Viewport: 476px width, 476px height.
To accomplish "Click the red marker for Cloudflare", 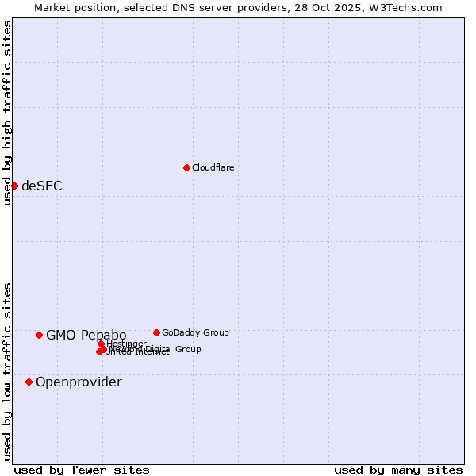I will pos(186,167).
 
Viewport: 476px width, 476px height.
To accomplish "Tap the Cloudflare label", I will pos(213,167).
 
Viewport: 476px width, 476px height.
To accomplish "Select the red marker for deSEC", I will pos(14,186).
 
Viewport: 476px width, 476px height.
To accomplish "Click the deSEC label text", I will pos(41,186).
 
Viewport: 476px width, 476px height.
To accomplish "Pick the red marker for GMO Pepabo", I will pos(39,335).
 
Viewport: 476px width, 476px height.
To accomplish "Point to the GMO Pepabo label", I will pos(86,335).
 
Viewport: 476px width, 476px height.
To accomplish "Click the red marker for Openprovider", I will pos(29,382).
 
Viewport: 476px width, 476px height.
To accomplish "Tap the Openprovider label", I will pos(79,382).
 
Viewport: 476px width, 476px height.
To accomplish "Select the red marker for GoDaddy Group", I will pos(156,332).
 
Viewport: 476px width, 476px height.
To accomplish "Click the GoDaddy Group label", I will pos(194,332).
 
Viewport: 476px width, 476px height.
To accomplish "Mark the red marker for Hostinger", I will pos(102,344).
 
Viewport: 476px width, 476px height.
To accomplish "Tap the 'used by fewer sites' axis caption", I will pos(82,470).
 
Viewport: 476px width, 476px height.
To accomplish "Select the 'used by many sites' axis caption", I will pos(397,470).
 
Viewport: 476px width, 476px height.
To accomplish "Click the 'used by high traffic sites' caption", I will pos(7,113).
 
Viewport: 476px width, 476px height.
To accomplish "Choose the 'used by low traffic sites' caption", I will pos(7,370).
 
